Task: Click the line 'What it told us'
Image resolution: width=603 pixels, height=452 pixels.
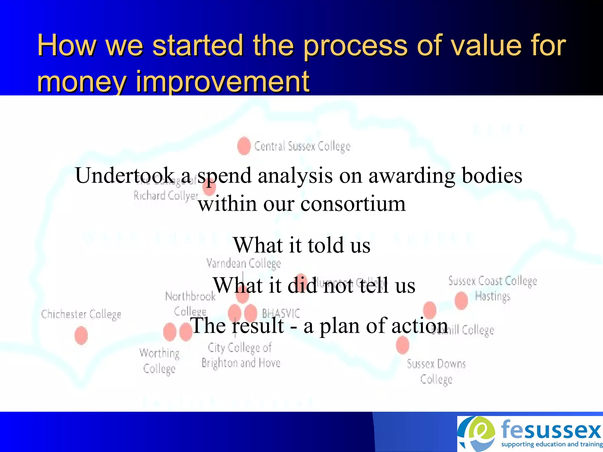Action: [301, 245]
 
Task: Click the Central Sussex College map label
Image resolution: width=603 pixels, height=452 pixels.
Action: [302, 146]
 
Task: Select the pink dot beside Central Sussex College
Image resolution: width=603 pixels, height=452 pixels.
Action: [244, 146]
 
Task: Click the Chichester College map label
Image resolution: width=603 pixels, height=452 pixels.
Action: [81, 314]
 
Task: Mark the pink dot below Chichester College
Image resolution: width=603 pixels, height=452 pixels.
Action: [81, 335]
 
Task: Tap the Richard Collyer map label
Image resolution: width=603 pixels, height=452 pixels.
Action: [166, 195]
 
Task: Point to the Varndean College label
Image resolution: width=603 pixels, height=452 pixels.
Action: [243, 263]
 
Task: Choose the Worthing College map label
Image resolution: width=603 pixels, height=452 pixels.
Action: [159, 361]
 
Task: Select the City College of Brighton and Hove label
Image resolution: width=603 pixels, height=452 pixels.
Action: [241, 355]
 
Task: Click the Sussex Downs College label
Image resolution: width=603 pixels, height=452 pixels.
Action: [436, 371]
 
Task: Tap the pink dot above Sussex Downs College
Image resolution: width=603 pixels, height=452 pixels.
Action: [402, 345]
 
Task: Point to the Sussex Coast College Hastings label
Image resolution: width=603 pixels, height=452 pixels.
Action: [493, 288]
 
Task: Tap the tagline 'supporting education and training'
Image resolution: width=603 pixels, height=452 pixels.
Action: [551, 444]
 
